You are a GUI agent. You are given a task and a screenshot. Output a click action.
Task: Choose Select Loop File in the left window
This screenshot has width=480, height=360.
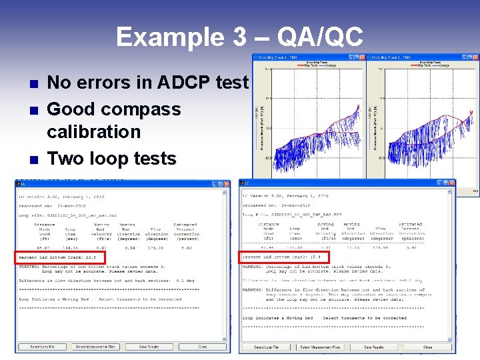click(x=43, y=347)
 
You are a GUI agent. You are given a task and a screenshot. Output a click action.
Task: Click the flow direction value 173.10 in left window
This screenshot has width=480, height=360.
click(x=157, y=247)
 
